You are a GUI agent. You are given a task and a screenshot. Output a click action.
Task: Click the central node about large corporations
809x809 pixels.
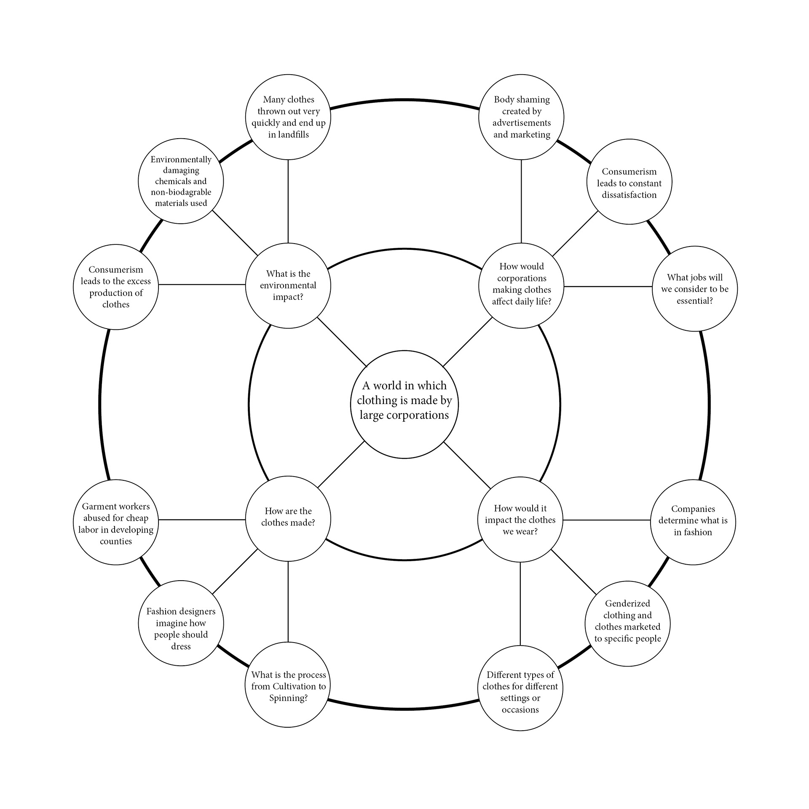404,404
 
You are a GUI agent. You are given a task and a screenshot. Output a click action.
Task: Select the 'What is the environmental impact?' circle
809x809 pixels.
288,285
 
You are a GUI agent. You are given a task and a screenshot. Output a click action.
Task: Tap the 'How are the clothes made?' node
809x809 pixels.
288,518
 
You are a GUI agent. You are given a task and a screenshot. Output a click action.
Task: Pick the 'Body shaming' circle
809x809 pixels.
521,117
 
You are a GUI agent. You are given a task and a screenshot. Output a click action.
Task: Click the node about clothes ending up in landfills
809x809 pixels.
288,117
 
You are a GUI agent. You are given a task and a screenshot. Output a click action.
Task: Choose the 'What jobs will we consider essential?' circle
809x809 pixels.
694,289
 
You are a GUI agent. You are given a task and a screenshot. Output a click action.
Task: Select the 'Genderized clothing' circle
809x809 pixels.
627,624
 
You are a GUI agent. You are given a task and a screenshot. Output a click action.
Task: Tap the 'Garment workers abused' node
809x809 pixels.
116,522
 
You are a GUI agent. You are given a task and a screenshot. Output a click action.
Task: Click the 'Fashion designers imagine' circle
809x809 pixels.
181,623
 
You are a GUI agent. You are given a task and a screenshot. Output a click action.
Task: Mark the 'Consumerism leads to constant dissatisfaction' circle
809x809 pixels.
629,182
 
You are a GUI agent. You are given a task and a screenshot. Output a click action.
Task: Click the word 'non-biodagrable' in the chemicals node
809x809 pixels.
181,192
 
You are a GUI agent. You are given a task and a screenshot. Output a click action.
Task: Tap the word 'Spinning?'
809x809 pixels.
288,698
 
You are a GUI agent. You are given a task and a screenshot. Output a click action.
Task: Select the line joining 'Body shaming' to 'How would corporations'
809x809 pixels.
521,201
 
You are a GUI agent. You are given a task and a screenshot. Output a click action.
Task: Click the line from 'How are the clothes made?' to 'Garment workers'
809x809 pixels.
202,520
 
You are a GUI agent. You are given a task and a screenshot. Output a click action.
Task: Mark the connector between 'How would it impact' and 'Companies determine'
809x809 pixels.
607,520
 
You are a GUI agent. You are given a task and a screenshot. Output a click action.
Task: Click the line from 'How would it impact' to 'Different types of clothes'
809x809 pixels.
520,603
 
